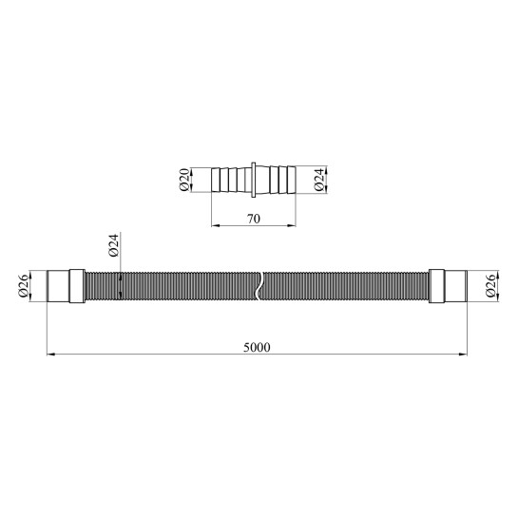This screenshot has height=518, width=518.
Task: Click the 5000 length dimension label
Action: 257,347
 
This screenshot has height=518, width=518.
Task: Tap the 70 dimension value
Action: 254,219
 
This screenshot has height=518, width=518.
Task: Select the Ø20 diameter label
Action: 184,180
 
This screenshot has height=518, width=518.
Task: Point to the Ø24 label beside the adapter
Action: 318,180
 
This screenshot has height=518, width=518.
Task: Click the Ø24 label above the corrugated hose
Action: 113,245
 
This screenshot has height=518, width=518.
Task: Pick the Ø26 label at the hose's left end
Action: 24,286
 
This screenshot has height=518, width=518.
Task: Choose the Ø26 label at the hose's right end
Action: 490,286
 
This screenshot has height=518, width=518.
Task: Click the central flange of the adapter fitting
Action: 254,180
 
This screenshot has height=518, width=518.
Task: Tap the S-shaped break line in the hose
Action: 259,286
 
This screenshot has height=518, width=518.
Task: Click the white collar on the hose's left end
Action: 77,286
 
